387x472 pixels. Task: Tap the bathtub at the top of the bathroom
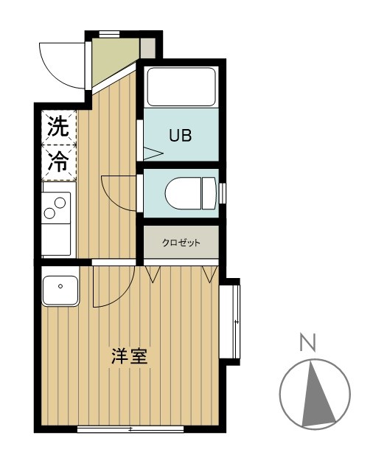[x=181, y=87]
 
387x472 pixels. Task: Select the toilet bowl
[x=188, y=194]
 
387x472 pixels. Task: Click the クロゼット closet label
[x=181, y=243]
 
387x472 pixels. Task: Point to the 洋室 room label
[x=130, y=357]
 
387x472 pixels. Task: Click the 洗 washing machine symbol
[x=57, y=127]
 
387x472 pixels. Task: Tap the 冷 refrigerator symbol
[x=57, y=163]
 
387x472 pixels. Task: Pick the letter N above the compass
[x=308, y=341]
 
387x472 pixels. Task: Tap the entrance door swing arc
[x=63, y=63]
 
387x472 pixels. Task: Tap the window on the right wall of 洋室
[x=236, y=322]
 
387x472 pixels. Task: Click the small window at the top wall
[x=110, y=33]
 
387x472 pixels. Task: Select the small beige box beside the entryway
[x=148, y=48]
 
